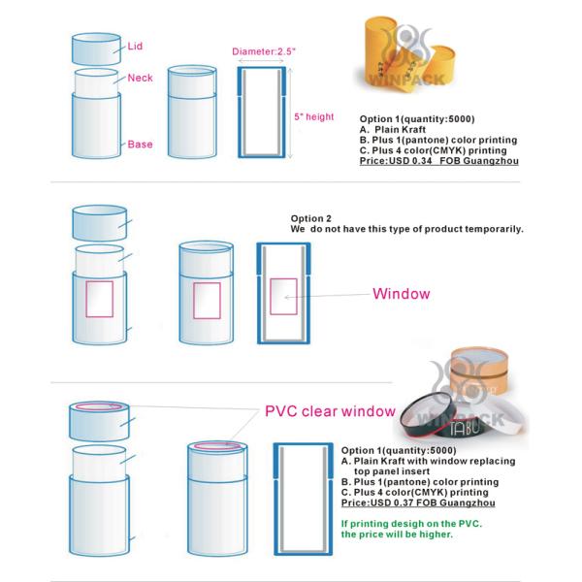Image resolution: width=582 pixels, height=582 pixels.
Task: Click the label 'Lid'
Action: [x=136, y=45]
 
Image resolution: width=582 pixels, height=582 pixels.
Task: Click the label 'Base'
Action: [x=139, y=145]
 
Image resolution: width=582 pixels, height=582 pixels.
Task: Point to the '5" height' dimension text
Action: [x=313, y=117]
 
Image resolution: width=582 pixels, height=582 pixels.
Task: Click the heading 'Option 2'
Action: [x=311, y=218]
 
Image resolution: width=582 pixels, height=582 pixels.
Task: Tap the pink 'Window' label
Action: [x=402, y=293]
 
